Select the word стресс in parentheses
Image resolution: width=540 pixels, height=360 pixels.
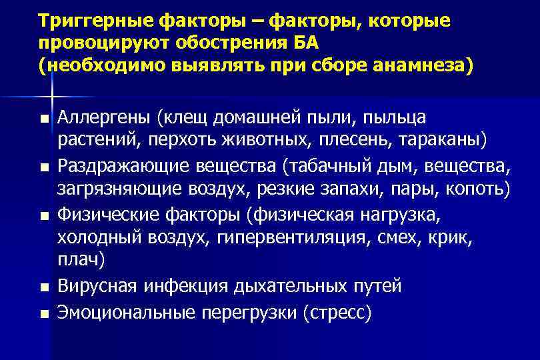tap(336, 311)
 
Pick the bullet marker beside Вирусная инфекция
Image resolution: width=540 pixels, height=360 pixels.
tap(44, 288)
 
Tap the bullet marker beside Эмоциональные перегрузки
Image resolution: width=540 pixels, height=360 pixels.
tap(44, 312)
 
